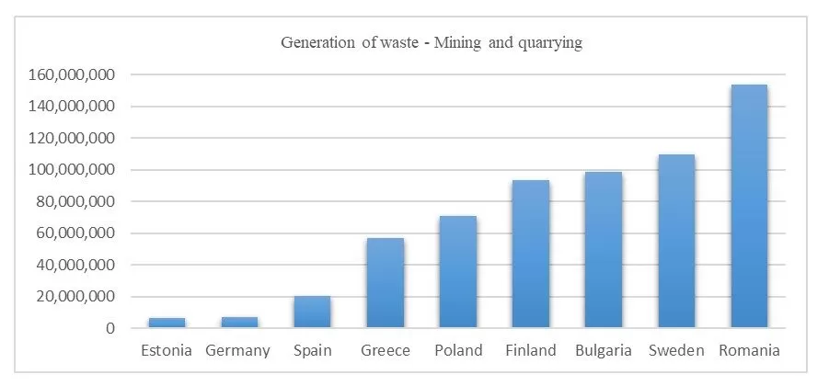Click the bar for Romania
(x=749, y=207)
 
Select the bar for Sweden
(x=676, y=241)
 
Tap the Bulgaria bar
(x=604, y=249)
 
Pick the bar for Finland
(x=531, y=254)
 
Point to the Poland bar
(x=457, y=272)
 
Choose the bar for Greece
(x=385, y=283)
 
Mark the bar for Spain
(x=312, y=312)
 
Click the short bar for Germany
(x=239, y=323)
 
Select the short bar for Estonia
(x=167, y=323)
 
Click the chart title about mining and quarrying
(x=431, y=43)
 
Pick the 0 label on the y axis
(x=110, y=328)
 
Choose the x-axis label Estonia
(x=167, y=350)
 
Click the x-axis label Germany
(x=238, y=350)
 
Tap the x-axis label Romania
(x=749, y=350)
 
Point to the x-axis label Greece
(x=386, y=350)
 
